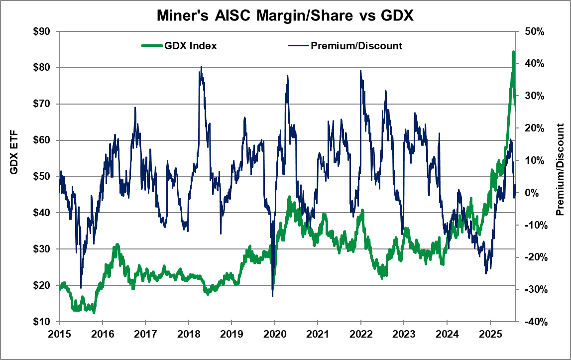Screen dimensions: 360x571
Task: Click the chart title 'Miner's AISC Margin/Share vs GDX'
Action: (x=285, y=16)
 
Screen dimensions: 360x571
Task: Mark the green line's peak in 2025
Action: (x=513, y=51)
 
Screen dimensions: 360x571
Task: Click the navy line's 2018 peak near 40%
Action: (x=201, y=66)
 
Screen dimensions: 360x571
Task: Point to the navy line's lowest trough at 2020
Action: (x=272, y=296)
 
